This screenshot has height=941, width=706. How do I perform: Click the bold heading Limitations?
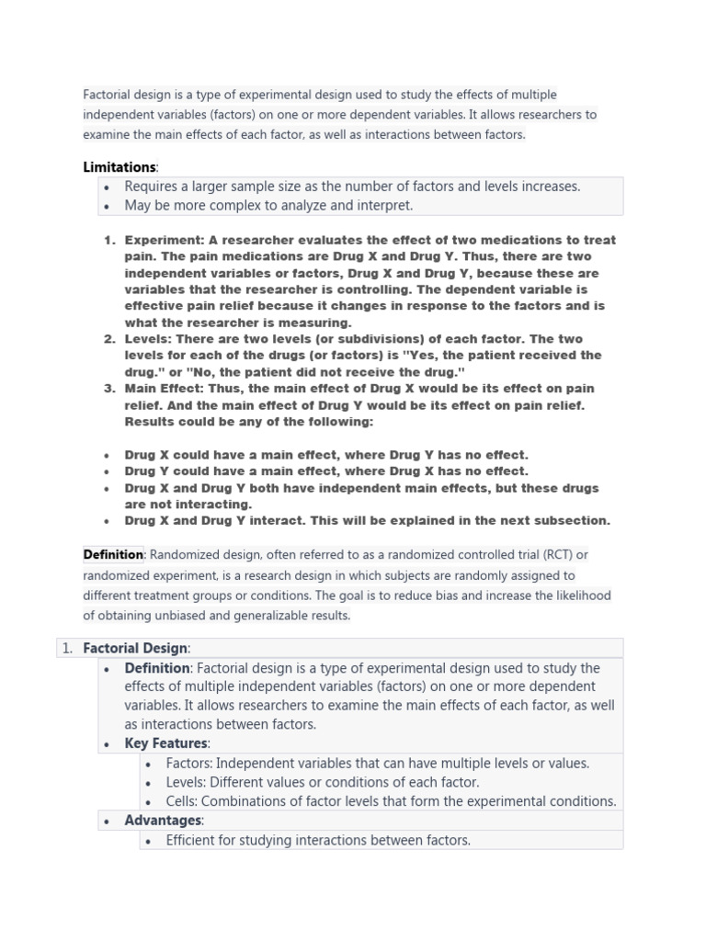[120, 167]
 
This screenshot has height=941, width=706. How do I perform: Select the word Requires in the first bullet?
[152, 187]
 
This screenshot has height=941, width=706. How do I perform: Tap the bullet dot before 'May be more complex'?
[108, 206]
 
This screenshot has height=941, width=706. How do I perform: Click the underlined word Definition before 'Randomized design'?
[113, 554]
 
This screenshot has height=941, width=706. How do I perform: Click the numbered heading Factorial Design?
[135, 648]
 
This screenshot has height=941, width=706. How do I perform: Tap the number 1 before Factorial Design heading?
[66, 648]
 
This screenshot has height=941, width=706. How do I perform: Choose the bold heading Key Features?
[166, 743]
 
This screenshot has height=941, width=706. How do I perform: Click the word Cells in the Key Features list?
[181, 801]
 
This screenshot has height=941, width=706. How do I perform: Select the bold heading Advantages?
[163, 821]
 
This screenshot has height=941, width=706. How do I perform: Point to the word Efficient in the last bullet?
[193, 840]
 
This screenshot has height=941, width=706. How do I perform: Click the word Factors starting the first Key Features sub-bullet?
[188, 763]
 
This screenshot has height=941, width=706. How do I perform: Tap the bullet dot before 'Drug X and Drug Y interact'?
[108, 521]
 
